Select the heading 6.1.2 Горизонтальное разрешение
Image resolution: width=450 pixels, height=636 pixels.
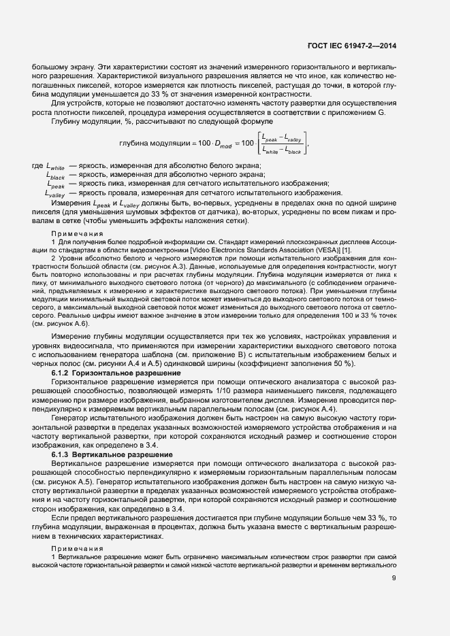click(x=116, y=374)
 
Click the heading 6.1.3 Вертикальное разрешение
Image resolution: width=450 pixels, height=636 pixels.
click(x=112, y=454)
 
